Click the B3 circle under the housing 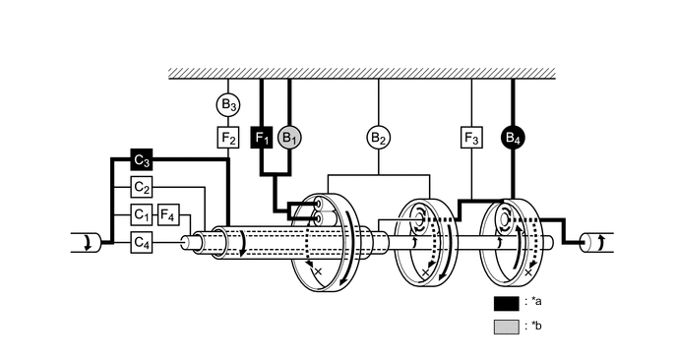228,104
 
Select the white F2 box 228,138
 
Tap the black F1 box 262,138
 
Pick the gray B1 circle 289,138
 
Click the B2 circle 379,138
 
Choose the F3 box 471,138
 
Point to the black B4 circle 513,138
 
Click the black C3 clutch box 142,159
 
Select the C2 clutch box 142,187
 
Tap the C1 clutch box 142,213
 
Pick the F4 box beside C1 167,213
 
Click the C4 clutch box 142,241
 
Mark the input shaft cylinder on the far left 83,242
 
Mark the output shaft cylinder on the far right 597,241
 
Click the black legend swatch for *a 506,302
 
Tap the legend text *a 536,302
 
